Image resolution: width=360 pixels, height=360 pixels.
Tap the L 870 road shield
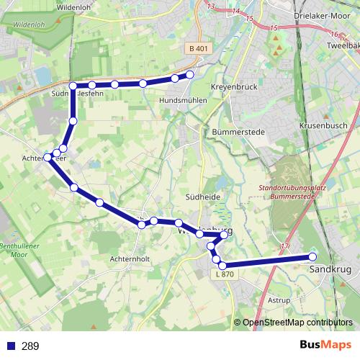[225, 274]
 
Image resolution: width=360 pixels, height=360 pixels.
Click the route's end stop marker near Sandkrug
[312, 256]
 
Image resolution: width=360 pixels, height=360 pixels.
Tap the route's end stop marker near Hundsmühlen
[190, 75]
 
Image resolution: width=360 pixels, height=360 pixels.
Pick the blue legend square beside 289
[11, 346]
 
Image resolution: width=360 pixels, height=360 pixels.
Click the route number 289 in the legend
[30, 346]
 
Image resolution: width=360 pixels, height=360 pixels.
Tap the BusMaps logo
[326, 346]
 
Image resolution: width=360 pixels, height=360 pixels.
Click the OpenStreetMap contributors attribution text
[297, 323]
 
